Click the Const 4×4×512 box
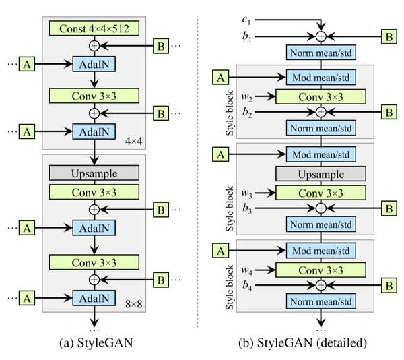pyautogui.click(x=94, y=28)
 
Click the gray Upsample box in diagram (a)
pyautogui.click(x=94, y=172)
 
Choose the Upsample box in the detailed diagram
pyautogui.click(x=321, y=175)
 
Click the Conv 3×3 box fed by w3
pyautogui.click(x=321, y=193)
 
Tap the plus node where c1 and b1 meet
pyautogui.click(x=321, y=34)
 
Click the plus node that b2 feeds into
pyautogui.click(x=321, y=110)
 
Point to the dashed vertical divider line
pyautogui.click(x=197, y=169)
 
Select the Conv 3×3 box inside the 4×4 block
pyautogui.click(x=94, y=94)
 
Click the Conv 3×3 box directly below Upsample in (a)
pyautogui.click(x=94, y=191)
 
